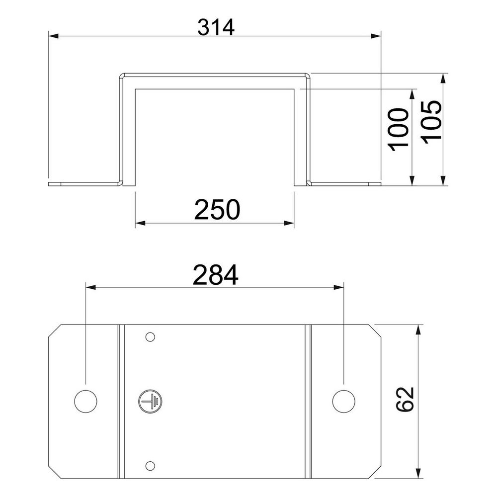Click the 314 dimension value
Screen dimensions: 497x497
216,27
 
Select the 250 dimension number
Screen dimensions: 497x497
217,210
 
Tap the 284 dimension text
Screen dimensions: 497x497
216,275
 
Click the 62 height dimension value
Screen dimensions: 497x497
405,399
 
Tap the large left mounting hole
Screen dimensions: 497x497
85,401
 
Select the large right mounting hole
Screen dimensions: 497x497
343,401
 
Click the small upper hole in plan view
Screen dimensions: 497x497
150,336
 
